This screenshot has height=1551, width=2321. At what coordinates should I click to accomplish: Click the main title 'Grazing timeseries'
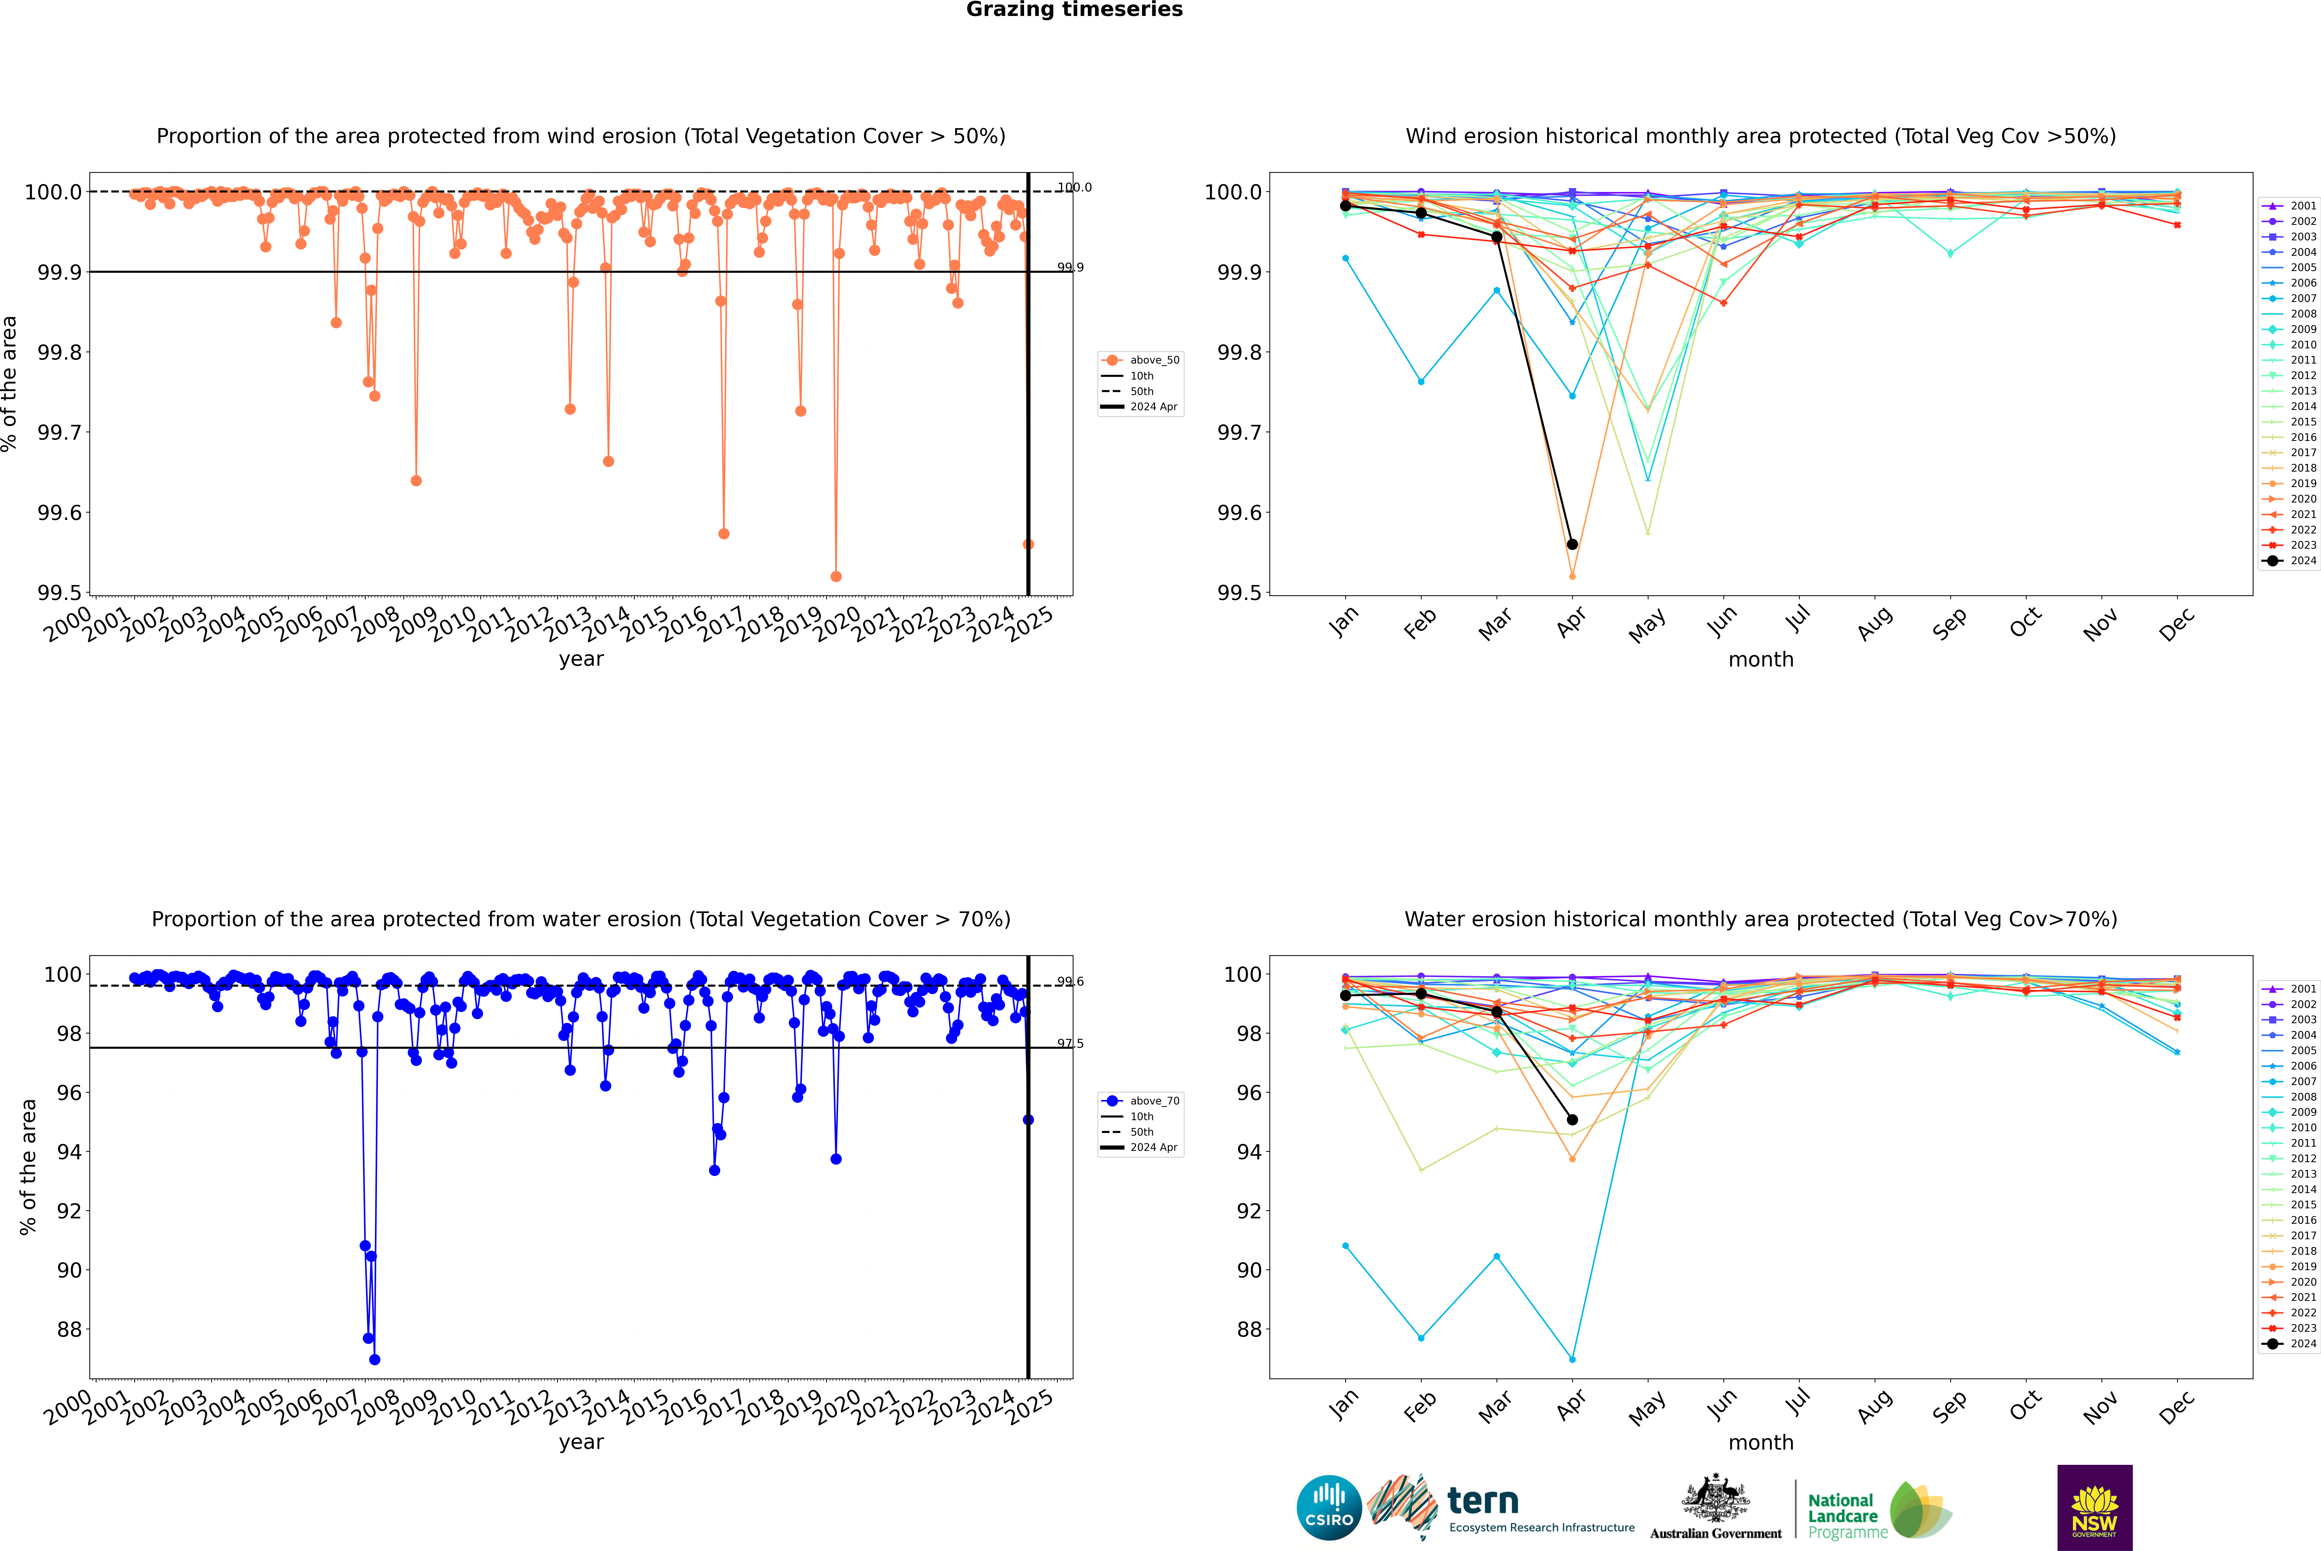click(1074, 10)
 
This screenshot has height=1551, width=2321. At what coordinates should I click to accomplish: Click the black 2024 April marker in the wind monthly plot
click(1572, 544)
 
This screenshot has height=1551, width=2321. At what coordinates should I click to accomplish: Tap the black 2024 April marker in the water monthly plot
click(1572, 1120)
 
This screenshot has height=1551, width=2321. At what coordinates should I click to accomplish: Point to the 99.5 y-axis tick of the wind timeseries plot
click(59, 593)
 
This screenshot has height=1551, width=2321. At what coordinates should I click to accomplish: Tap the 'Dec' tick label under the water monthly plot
click(2177, 1407)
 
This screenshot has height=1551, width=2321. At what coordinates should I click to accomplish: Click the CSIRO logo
click(1329, 1508)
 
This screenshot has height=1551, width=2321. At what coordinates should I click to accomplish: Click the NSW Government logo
click(2094, 1508)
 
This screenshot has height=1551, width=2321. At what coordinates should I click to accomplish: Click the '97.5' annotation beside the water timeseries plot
click(1070, 1044)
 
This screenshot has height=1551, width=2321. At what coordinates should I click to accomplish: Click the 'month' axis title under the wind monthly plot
click(1760, 660)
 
